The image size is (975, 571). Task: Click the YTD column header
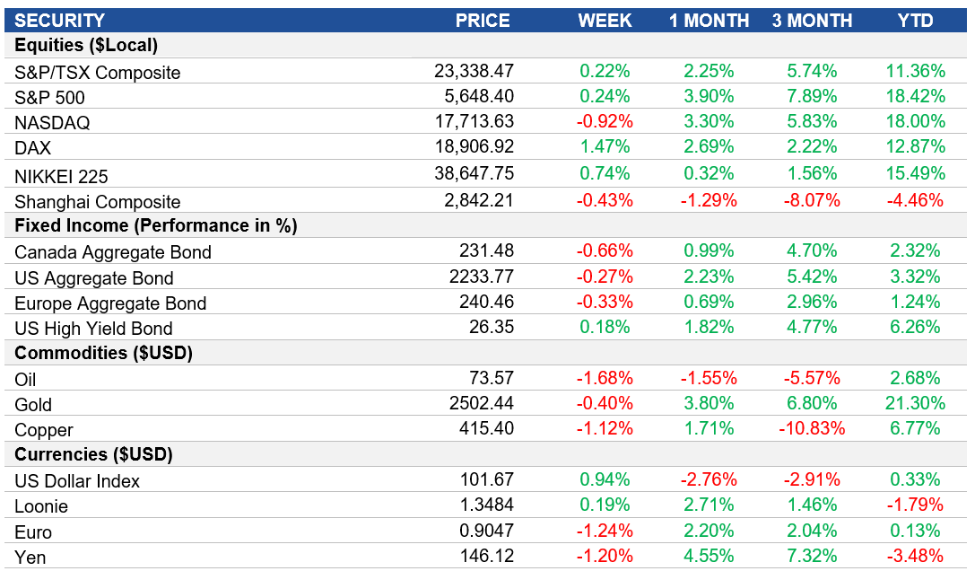click(915, 21)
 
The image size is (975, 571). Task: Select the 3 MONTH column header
click(812, 21)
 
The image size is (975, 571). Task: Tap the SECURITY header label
click(60, 21)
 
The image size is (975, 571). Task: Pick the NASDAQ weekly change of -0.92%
click(605, 122)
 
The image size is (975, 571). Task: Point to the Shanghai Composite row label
click(98, 202)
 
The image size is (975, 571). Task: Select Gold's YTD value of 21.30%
click(915, 404)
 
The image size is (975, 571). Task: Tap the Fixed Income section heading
click(155, 226)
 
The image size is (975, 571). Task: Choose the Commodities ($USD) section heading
click(102, 353)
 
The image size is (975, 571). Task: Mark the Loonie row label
click(41, 506)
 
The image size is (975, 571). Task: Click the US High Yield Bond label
click(93, 329)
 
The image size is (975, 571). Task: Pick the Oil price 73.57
click(492, 378)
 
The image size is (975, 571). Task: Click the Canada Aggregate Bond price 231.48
click(485, 252)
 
